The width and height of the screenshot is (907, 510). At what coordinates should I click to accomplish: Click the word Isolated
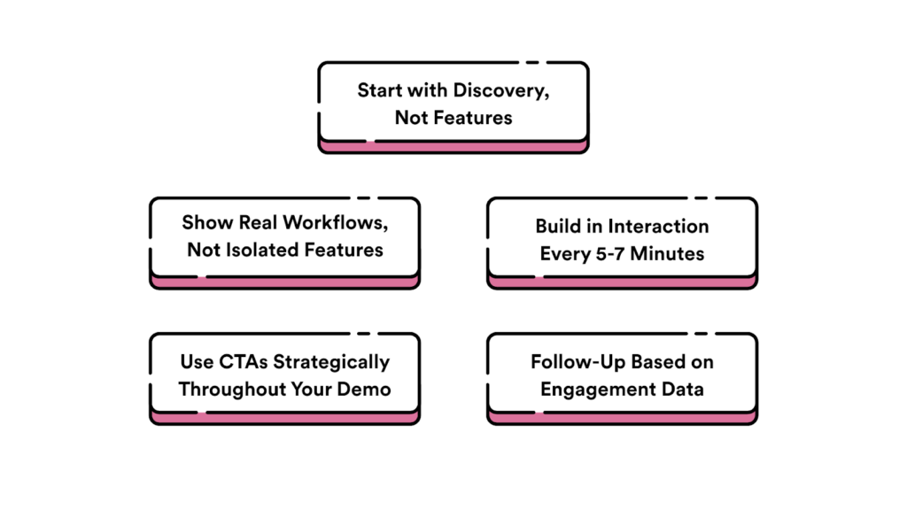pos(256,250)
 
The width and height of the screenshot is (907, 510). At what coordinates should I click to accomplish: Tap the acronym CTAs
pos(241,361)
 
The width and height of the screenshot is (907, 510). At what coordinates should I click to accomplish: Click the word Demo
pos(367,389)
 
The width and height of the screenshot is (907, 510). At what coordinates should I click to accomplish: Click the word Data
pos(683,389)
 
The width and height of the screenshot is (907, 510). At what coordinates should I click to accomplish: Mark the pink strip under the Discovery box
pos(453,146)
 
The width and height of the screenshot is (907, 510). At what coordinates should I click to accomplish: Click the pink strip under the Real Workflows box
pos(284,282)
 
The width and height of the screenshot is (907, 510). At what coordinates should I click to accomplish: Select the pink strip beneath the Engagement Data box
pos(622,417)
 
